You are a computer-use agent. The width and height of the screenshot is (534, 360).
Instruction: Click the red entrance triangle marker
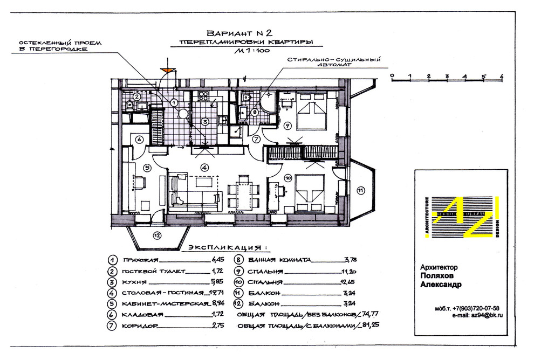[169, 70]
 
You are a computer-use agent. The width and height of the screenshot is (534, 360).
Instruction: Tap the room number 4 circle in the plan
[204, 167]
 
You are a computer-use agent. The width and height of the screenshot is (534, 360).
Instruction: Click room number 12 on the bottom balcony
[157, 234]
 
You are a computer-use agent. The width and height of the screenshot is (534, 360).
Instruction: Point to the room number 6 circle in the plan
[139, 139]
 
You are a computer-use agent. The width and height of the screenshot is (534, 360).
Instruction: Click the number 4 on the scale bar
[465, 76]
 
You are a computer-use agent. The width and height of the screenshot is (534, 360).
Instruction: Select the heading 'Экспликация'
[227, 248]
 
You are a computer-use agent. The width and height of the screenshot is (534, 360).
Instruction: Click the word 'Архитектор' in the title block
[439, 267]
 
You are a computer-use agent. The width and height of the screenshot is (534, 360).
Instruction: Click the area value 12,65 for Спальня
[330, 282]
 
